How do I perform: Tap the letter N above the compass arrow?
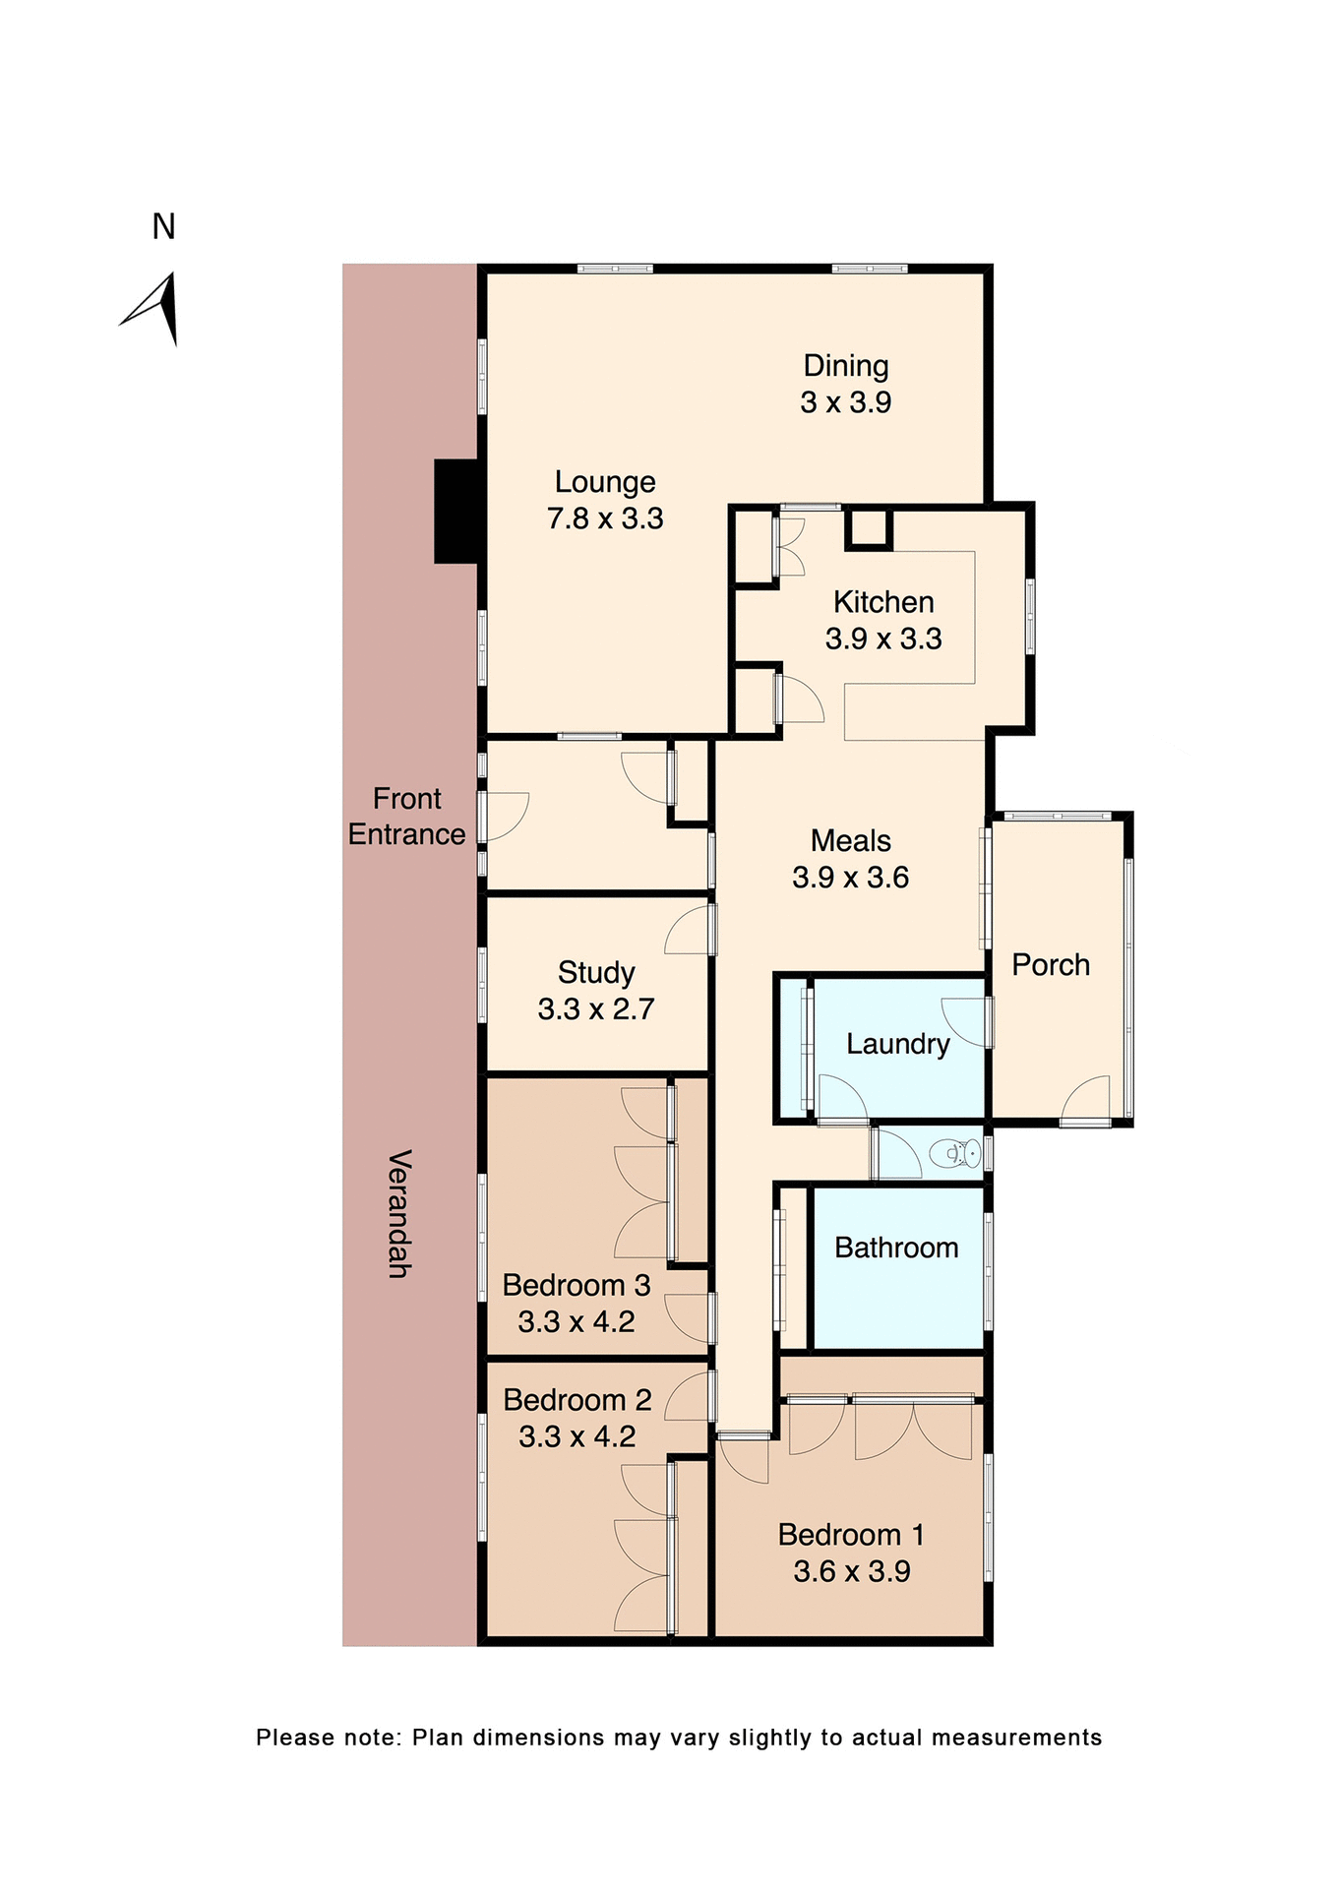point(163,227)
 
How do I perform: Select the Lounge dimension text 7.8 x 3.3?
point(605,518)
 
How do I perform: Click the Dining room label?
point(845,366)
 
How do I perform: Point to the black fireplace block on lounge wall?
point(456,512)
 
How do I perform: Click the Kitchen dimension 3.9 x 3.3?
point(882,640)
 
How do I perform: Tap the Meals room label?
point(850,841)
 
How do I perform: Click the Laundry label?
point(897,1044)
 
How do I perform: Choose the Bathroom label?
point(895,1248)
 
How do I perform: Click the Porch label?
point(1050,965)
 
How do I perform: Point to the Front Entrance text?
point(406,817)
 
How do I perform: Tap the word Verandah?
point(398,1213)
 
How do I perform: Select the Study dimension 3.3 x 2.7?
point(595,1009)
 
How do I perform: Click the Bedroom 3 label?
point(576,1286)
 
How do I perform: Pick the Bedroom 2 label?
point(577,1400)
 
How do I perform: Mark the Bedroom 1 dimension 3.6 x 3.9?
point(851,1571)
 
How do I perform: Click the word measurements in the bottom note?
point(1016,1737)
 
